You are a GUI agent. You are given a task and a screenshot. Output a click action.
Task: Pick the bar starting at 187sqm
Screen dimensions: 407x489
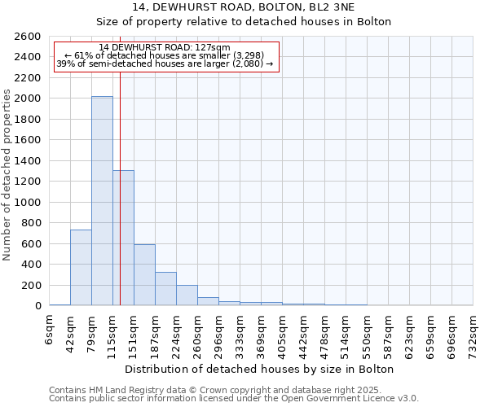click(x=165, y=288)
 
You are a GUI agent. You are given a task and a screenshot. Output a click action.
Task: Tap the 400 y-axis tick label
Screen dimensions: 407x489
click(x=32, y=265)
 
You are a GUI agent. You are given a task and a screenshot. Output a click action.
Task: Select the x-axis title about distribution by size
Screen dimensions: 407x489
click(x=261, y=369)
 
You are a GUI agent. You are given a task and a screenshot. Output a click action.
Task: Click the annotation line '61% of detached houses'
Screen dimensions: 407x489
click(x=166, y=55)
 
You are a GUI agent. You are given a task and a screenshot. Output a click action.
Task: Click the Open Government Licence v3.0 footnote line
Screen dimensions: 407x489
click(x=234, y=398)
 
